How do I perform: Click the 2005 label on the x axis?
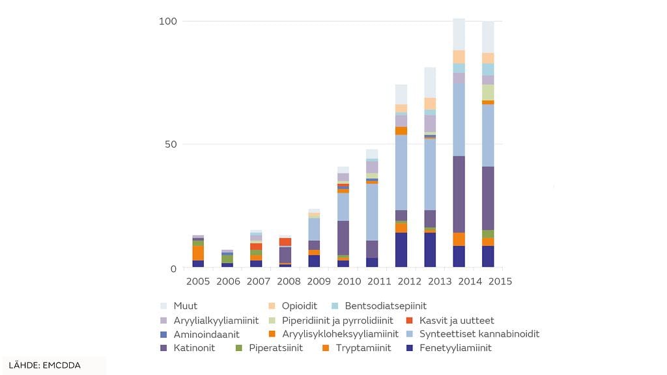tap(198, 281)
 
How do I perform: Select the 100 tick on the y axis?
tap(168, 21)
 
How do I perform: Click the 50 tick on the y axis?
tap(171, 144)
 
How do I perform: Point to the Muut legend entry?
tap(185, 305)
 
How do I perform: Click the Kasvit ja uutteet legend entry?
tap(457, 320)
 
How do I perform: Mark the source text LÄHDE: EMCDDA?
tap(45, 365)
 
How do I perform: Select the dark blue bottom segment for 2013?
tap(430, 250)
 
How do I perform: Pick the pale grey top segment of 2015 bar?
tap(488, 37)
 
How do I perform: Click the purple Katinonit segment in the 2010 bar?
tap(343, 238)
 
